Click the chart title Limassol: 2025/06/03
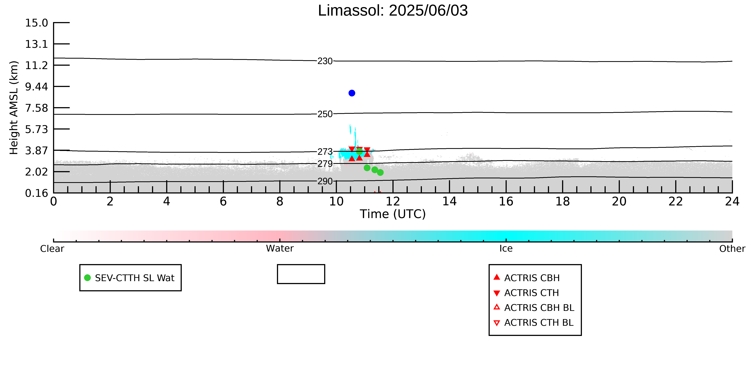(x=393, y=11)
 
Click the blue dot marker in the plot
(x=352, y=93)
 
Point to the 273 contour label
(x=325, y=152)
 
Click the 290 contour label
(x=325, y=181)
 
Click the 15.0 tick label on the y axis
(x=36, y=23)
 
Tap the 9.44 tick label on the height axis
(x=36, y=87)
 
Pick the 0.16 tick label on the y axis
(x=36, y=193)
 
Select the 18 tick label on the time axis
(x=562, y=202)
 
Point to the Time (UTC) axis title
(x=393, y=214)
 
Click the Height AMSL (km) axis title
(x=14, y=108)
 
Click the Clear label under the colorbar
(x=52, y=249)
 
